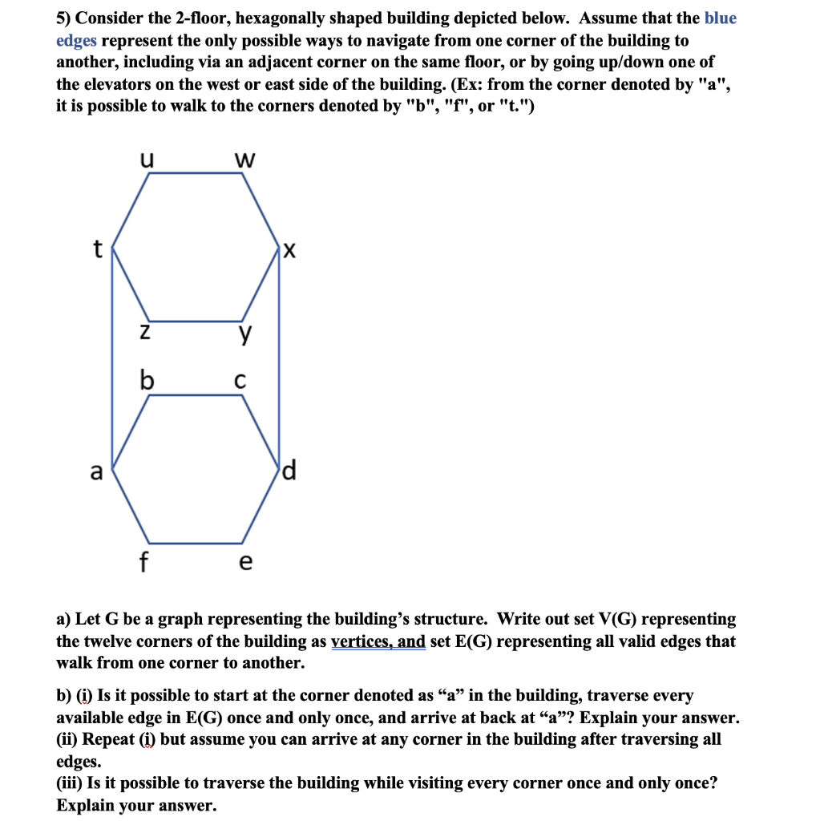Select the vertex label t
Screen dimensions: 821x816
(98, 249)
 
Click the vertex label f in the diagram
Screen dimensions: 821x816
(144, 561)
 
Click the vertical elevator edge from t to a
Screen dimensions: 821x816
(112, 361)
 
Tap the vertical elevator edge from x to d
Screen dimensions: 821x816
(279, 361)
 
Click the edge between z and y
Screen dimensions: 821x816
(196, 318)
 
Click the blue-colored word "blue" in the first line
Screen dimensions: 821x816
(721, 18)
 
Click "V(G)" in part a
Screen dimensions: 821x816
(611, 620)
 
